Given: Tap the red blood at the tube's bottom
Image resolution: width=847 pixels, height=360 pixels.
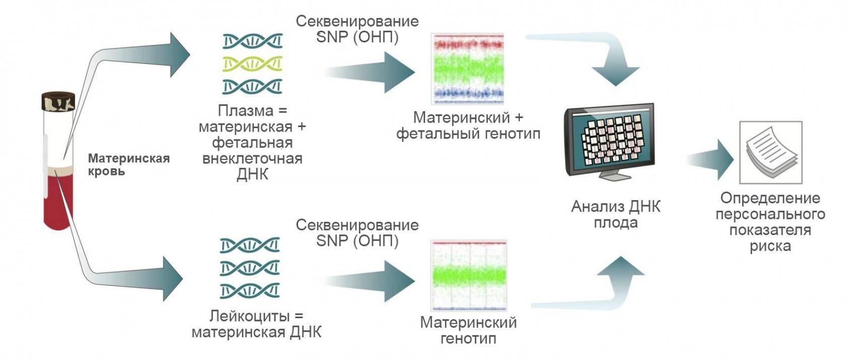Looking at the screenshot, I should click(58, 202).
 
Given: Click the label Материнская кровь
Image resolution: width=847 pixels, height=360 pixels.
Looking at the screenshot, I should click(129, 165).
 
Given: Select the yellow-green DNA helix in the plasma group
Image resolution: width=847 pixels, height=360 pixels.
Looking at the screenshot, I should click(252, 64).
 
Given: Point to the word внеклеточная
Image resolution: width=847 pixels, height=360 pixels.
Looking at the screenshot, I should click(252, 158).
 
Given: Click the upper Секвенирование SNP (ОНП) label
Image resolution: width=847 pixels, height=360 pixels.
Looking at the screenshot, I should click(357, 29).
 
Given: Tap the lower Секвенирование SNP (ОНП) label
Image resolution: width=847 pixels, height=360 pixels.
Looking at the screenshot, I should click(357, 232).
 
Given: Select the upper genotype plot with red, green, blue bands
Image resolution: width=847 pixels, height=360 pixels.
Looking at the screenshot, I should click(467, 69).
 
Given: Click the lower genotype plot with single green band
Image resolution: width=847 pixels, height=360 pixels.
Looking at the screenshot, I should click(468, 275).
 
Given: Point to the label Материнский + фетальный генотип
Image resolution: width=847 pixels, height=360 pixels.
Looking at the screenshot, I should click(468, 126).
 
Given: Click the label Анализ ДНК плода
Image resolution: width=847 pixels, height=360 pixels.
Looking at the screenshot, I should click(616, 214).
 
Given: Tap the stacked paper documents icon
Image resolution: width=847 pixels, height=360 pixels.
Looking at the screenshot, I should click(770, 152).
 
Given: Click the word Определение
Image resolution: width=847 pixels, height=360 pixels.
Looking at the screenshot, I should click(770, 198).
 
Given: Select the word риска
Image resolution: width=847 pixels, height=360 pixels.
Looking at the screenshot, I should click(770, 246).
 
